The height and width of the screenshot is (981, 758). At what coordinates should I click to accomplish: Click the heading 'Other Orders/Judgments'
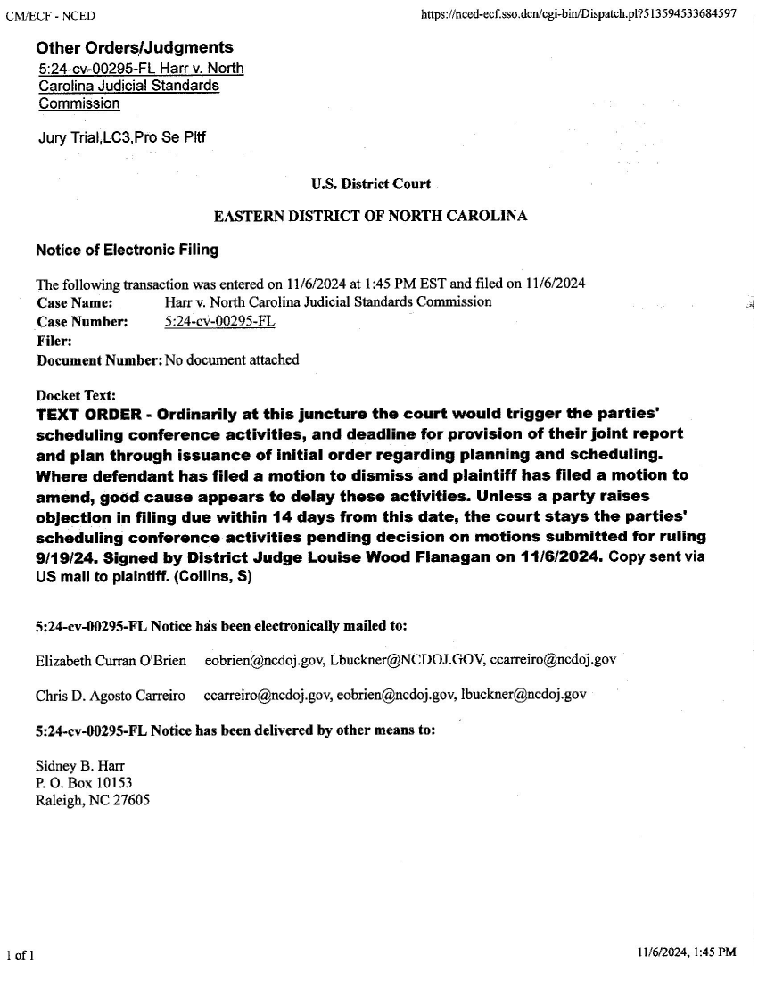point(135,48)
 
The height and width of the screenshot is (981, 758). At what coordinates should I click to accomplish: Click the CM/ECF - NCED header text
point(50,16)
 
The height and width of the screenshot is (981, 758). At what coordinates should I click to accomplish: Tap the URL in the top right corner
point(578,16)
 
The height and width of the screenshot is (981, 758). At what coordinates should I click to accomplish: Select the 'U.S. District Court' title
point(371,185)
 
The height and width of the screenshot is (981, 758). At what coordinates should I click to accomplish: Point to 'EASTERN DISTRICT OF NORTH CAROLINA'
point(371,217)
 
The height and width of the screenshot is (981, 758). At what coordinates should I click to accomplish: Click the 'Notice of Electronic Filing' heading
point(128,251)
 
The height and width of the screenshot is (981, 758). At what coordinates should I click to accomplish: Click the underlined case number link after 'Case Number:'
point(220,321)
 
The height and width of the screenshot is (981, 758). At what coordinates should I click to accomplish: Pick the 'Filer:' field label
point(54,341)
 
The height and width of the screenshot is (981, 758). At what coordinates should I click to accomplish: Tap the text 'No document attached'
point(232,360)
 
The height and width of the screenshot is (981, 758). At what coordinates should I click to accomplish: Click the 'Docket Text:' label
point(76,396)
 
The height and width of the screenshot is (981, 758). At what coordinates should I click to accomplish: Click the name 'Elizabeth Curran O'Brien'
point(111,660)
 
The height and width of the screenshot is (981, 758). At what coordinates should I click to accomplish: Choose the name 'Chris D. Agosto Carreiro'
point(110,695)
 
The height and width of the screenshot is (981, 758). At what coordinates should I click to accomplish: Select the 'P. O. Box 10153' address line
point(84,783)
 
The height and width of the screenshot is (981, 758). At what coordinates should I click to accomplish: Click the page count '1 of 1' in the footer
point(20,957)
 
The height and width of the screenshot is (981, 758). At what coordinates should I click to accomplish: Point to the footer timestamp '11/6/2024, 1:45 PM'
point(687,953)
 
